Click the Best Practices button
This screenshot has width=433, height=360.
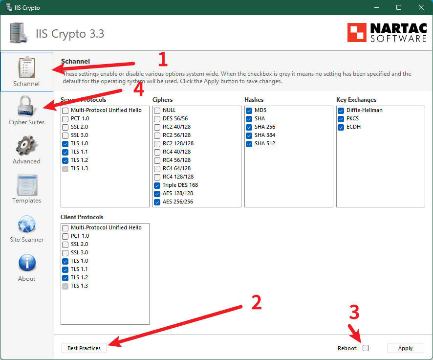point(84,348)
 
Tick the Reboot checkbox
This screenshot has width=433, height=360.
point(366,348)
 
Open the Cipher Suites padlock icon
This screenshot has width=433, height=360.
point(26,106)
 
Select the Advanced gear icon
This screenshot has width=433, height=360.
point(26,145)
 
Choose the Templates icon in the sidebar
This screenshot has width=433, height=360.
point(27,185)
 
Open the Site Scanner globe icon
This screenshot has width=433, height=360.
point(26,224)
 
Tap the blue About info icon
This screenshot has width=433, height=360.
point(27,263)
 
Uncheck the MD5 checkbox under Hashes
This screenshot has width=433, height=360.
point(249,111)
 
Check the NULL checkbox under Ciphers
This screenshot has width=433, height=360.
point(157,111)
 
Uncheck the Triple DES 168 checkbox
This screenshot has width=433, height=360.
point(157,185)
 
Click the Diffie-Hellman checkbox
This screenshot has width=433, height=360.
point(341,111)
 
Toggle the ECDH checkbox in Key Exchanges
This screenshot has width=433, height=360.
point(341,127)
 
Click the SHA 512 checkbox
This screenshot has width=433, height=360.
point(249,144)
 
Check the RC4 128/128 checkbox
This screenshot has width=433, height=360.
point(157,177)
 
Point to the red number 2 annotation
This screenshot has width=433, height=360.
point(256,303)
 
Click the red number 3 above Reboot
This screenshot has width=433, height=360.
point(354,312)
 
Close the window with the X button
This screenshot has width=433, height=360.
point(421,7)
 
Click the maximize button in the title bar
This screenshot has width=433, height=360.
point(399,7)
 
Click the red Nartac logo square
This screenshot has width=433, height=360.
point(357,32)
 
